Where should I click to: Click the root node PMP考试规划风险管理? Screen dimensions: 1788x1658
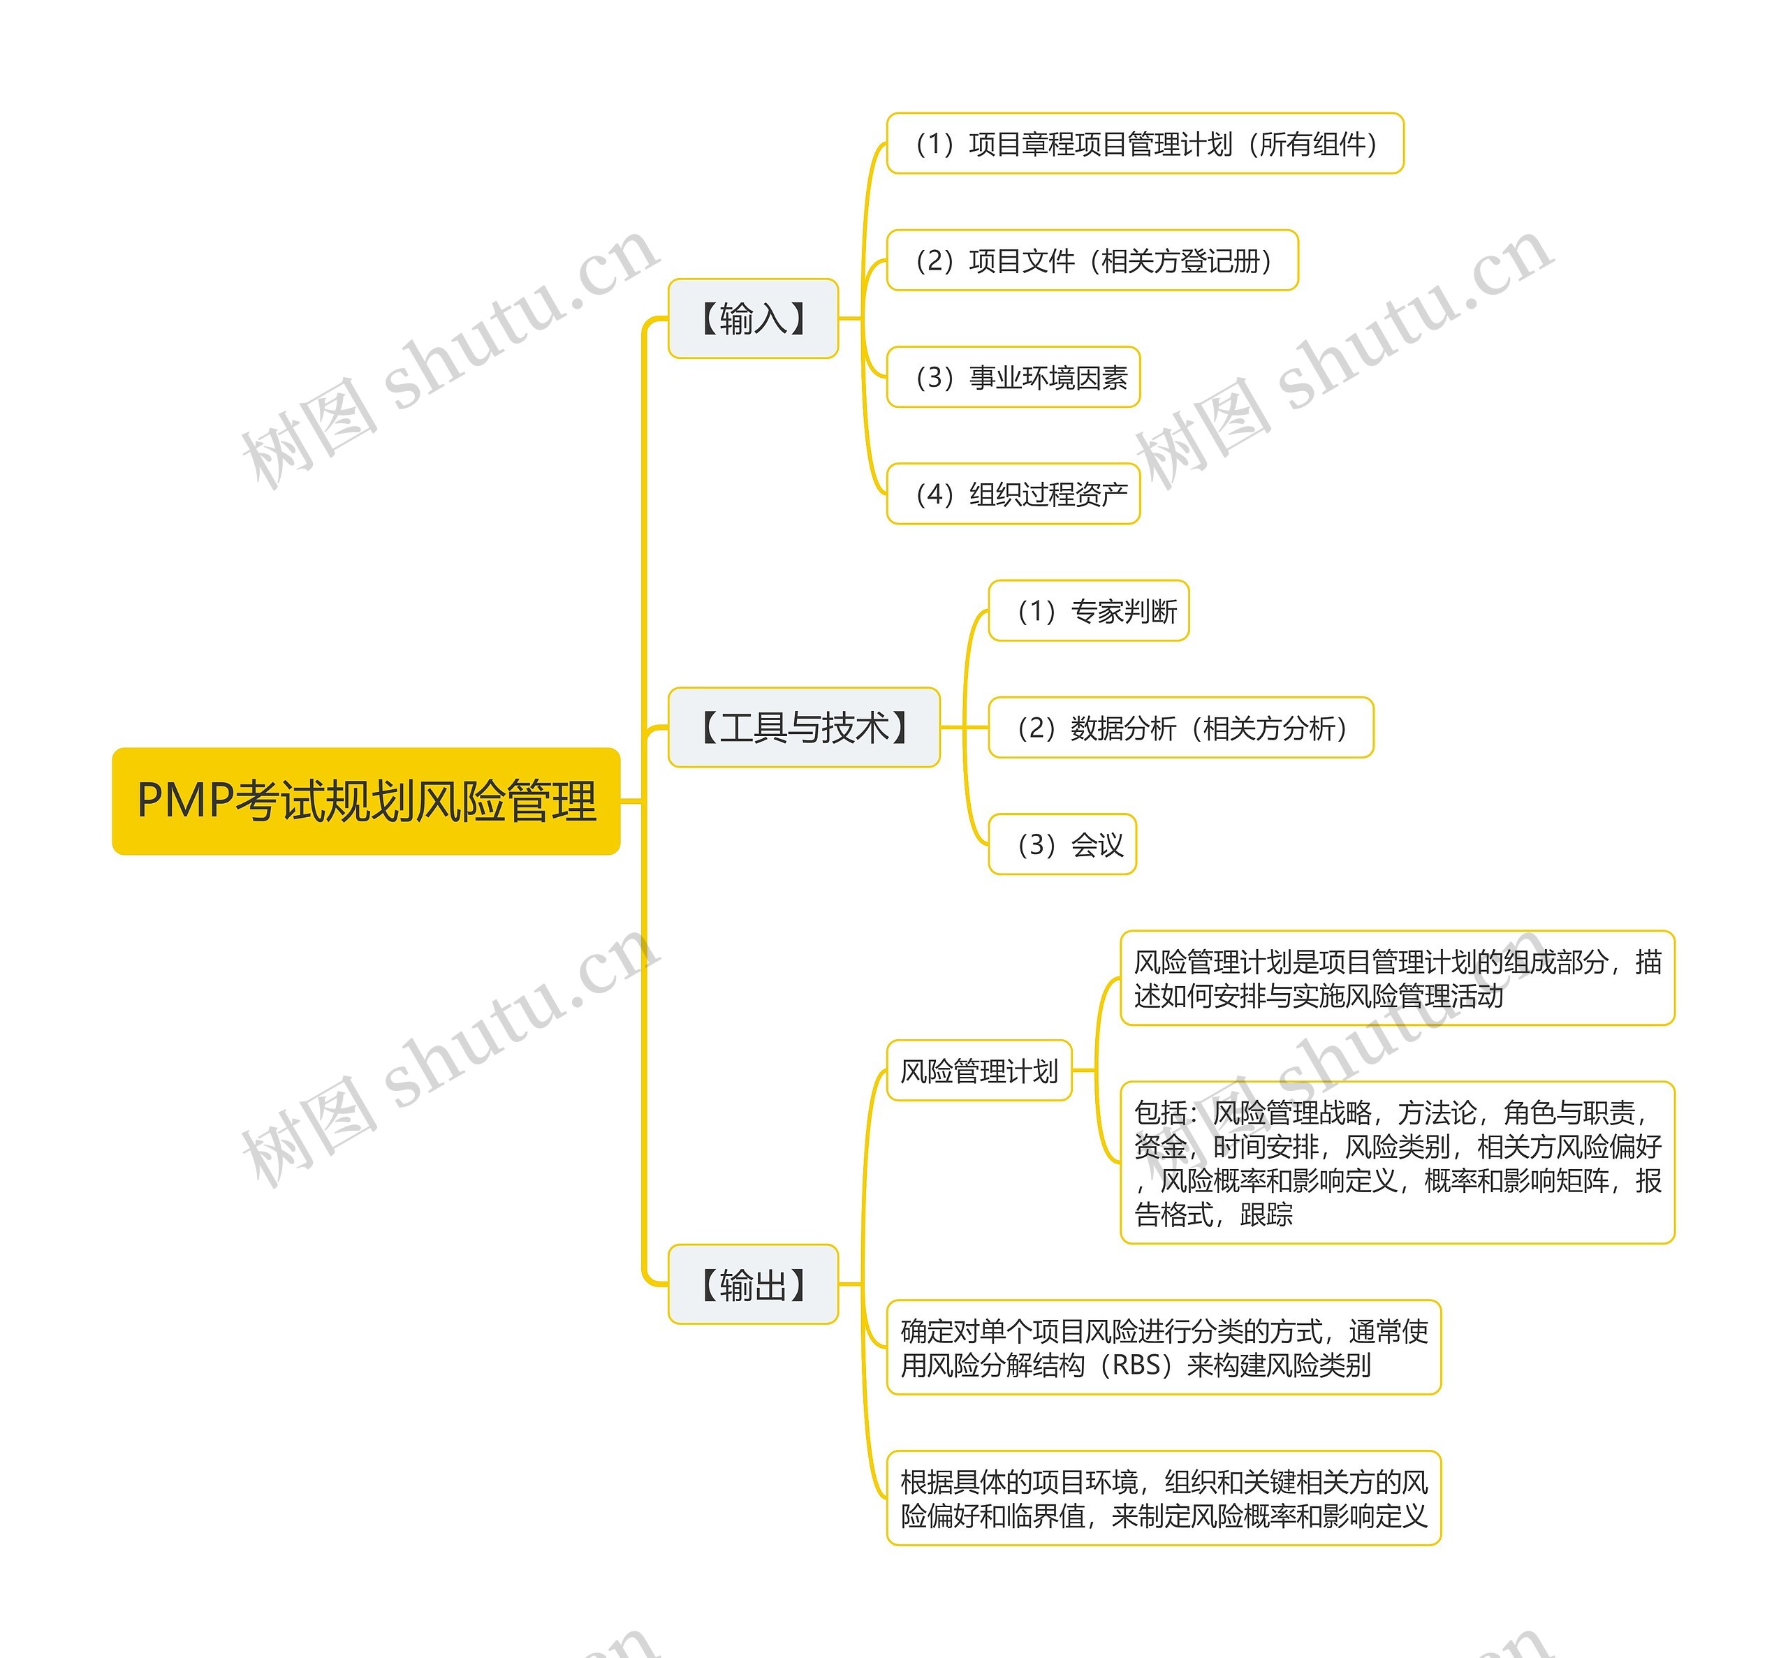coord(366,800)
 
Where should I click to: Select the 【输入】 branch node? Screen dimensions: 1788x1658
coord(753,318)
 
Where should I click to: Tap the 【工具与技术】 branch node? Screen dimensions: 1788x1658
coord(803,728)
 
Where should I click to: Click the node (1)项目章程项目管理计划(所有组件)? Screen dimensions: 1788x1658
coord(1144,144)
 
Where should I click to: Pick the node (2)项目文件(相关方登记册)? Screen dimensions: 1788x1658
coord(1092,261)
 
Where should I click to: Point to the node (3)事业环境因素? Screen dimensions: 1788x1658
coord(1013,377)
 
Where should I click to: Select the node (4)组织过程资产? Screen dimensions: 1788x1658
coord(1013,494)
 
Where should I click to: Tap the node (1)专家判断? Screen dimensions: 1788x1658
coord(1088,611)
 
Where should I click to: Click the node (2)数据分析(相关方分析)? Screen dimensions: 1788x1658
coord(1180,728)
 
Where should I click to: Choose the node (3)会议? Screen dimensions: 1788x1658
coord(1062,844)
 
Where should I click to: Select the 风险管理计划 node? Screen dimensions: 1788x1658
coord(979,1071)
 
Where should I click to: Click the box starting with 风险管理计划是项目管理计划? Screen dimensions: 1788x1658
coord(1397,978)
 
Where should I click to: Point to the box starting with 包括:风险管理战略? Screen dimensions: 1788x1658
coord(1397,1163)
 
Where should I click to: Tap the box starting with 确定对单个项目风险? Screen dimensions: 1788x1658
coord(1164,1348)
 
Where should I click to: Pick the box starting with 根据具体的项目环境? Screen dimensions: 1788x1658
coord(1164,1498)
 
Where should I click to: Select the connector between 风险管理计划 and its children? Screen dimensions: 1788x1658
coord(1097,1071)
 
